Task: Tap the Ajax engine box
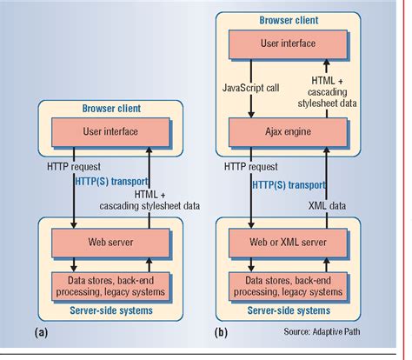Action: tap(288, 132)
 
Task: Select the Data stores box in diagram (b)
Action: tap(288, 284)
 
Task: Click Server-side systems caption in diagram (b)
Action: tap(288, 309)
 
